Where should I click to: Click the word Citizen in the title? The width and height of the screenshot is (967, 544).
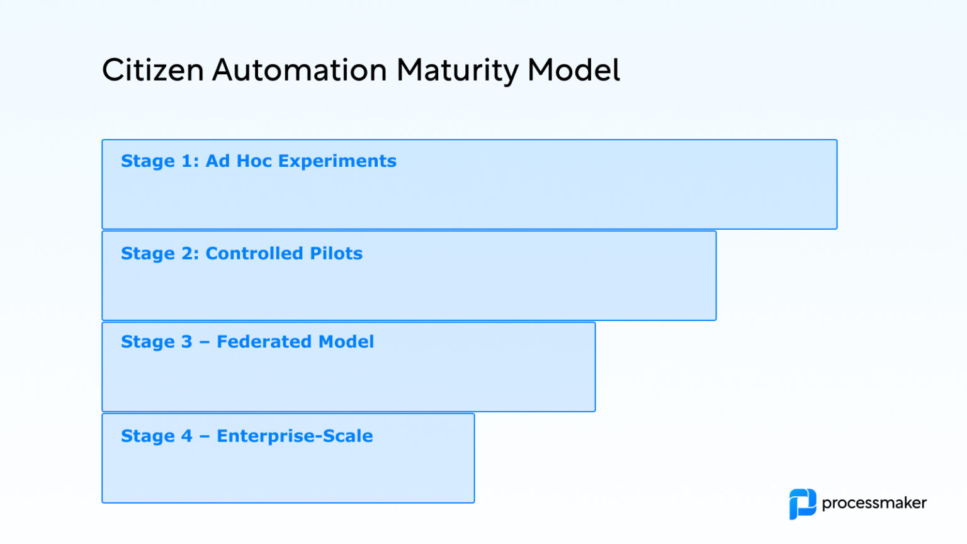152,70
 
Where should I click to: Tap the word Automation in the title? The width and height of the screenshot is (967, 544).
300,70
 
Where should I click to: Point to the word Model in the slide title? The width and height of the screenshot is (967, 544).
574,70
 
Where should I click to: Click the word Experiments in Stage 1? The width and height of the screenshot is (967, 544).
337,162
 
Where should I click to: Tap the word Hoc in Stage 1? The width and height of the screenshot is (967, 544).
254,161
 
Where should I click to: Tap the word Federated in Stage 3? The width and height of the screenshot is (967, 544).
264,341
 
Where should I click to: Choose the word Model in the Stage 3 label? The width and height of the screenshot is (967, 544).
346,341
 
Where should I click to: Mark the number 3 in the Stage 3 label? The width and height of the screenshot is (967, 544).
186,342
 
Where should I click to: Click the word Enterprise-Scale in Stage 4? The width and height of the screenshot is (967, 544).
295,436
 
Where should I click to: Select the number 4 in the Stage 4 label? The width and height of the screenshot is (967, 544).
187,436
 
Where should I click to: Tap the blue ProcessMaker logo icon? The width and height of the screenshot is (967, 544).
802,504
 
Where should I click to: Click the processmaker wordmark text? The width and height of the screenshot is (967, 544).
874,503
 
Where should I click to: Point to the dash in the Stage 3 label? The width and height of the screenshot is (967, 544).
205,343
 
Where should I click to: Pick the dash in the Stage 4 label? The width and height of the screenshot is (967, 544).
205,436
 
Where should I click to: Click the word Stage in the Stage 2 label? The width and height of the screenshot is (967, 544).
148,254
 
